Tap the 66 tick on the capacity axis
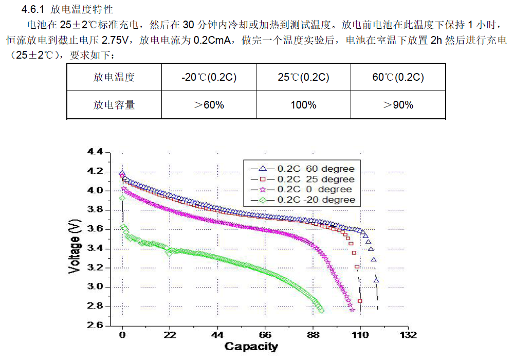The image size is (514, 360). (265, 335)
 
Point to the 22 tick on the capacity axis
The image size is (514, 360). (170, 335)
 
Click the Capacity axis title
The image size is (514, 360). (251, 347)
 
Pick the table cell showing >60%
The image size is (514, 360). (209, 105)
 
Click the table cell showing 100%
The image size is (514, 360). (303, 105)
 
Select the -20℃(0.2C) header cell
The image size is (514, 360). (209, 78)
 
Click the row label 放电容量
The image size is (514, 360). (114, 105)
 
